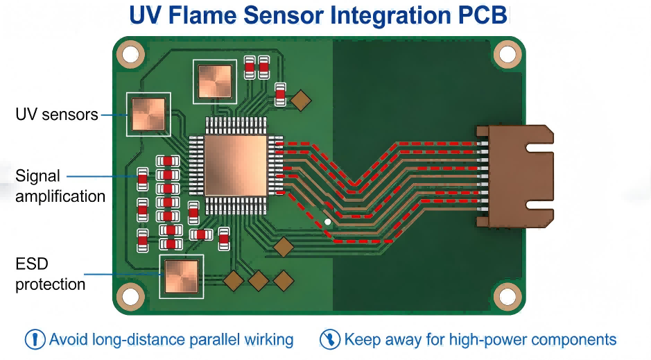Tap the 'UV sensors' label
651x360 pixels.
pos(57,114)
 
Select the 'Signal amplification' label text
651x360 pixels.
pos(60,186)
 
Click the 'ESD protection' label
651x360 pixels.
pos(50,274)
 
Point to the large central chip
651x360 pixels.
pos(235,165)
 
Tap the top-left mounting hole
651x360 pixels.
pos(130,55)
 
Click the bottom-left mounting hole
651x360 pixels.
pos(130,296)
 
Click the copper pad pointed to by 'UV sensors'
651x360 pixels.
pos(148,114)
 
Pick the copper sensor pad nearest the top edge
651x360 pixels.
pos(214,82)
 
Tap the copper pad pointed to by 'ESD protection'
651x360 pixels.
pos(182,276)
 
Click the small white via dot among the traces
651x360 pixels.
pos(327,223)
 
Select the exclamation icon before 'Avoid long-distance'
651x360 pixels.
pos(34,340)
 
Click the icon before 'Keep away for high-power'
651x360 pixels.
pos(329,340)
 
